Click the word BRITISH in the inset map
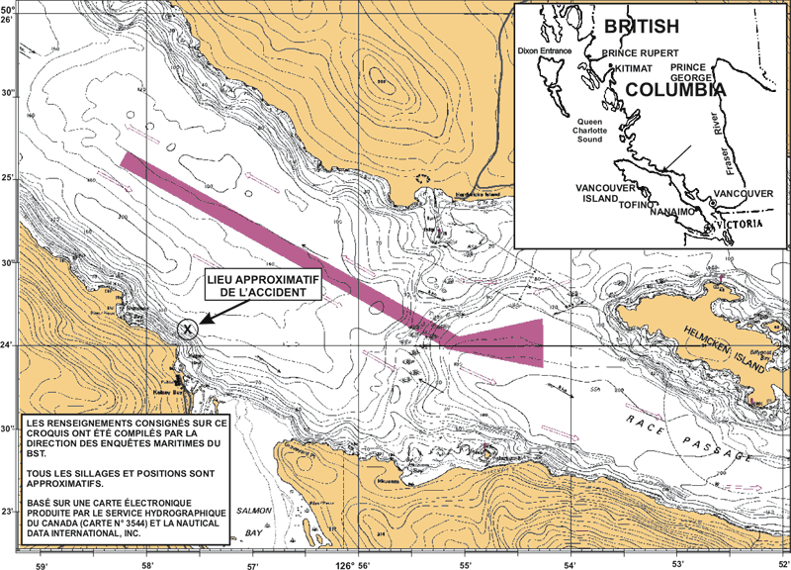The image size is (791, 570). tap(642, 27)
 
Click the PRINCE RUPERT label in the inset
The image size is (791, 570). tap(640, 52)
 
